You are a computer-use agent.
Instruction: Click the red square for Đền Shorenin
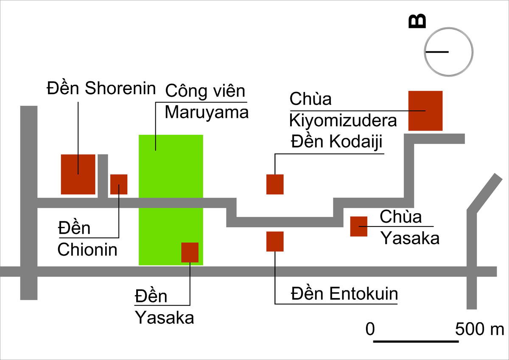pos(78,174)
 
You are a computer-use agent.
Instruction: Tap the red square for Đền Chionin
pos(119,184)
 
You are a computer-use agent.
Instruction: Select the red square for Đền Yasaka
pos(190,252)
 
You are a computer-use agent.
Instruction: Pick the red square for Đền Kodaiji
pos(275,184)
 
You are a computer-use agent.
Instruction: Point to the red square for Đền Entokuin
pos(275,241)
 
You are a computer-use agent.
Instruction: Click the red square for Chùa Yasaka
pos(359,226)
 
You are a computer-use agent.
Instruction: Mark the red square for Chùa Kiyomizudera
pos(425,111)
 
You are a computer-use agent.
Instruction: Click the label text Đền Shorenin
pos(101,88)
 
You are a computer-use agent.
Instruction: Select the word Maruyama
pos(207,112)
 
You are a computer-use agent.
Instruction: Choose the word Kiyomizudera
pos(343,120)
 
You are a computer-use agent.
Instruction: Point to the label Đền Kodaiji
pos(336,142)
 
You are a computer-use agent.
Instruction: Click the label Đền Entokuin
pos(344,294)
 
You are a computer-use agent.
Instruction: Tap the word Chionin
pos(87,250)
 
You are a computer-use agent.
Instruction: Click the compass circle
pos(449,28)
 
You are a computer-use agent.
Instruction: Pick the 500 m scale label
pos(479,329)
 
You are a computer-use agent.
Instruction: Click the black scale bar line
pos(416,341)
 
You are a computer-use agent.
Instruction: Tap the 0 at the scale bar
pos(370,329)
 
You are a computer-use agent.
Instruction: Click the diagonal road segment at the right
pos(485,193)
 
